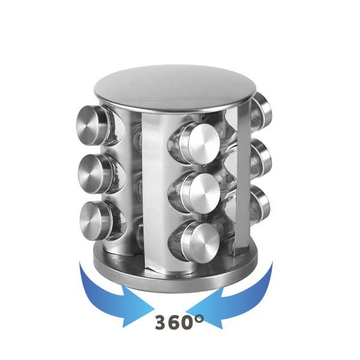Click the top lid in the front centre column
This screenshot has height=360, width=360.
[x=199, y=144]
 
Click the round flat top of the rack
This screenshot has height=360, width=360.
[x=175, y=88]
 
